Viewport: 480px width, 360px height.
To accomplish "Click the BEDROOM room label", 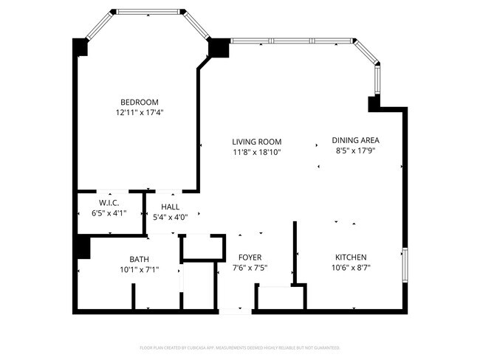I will coord(140,102).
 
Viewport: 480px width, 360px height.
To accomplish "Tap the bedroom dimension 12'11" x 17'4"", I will coord(140,113).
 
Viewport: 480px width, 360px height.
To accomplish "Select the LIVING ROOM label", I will coord(256,142).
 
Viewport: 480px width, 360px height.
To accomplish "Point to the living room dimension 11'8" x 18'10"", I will coord(256,153).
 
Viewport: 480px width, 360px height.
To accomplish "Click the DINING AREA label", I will coord(355,140).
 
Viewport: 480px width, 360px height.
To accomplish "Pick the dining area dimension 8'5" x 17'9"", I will coord(355,151).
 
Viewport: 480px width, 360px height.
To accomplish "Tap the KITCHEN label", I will coord(350,257).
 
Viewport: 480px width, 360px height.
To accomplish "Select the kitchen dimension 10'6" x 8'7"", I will coord(350,268).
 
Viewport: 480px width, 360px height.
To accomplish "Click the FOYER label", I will coord(250,257).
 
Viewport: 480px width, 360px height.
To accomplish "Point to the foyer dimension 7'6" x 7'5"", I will coord(250,268).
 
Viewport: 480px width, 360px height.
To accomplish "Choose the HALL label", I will coord(170,207).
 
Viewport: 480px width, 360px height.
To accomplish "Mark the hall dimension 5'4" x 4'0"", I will coord(170,218).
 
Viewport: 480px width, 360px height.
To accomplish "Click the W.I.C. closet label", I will coord(109,203).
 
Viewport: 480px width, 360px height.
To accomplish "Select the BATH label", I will coord(139,259).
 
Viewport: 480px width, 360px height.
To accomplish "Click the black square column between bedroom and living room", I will coord(219,48).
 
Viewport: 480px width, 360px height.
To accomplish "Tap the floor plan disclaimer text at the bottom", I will coord(240,347).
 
